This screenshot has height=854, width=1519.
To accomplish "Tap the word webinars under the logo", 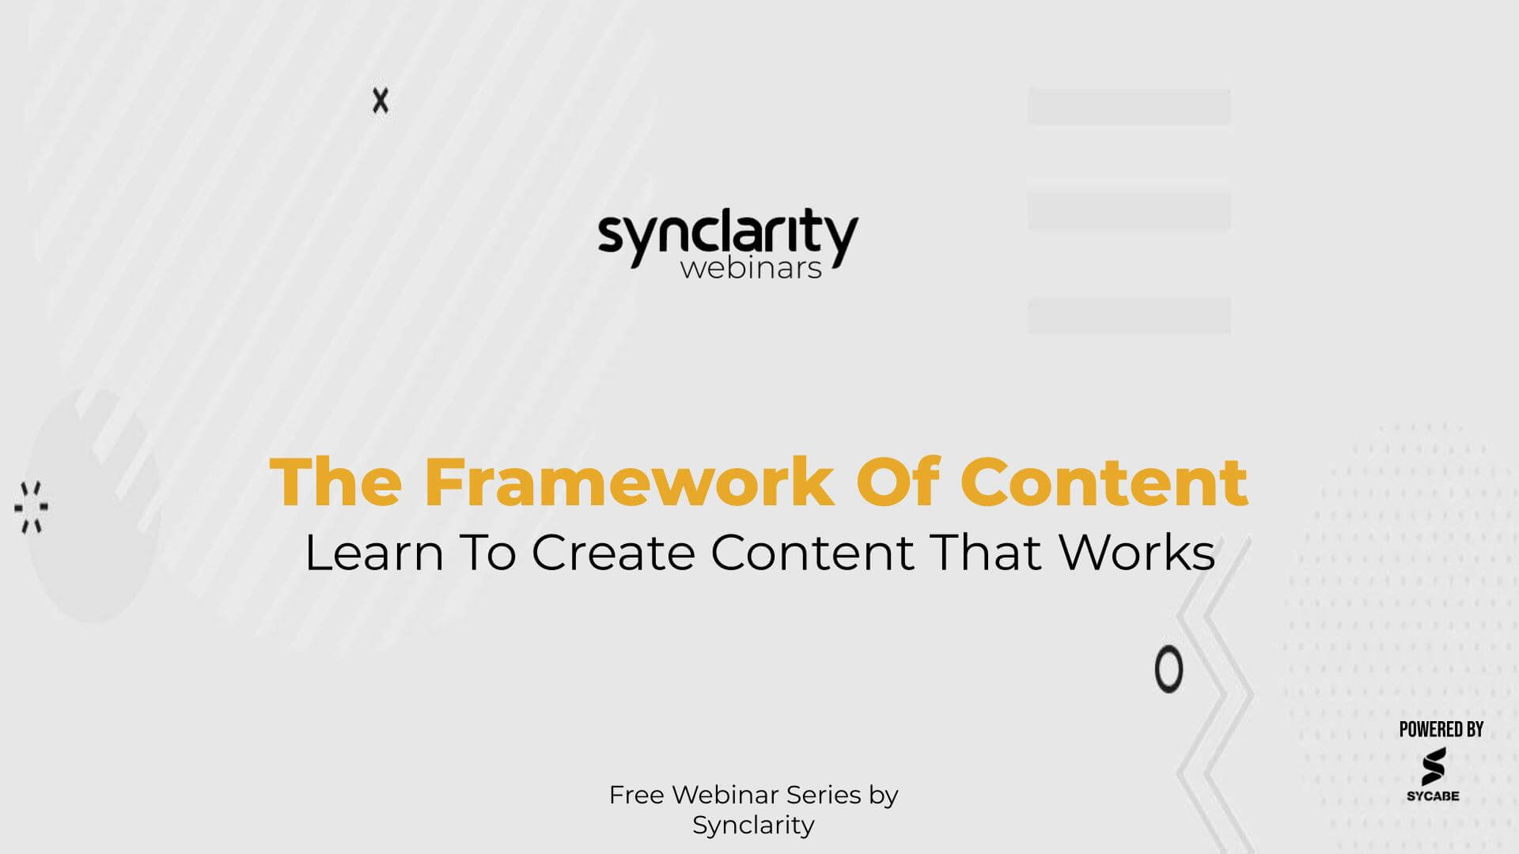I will click(x=751, y=268).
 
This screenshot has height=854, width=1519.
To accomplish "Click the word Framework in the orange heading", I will click(x=629, y=482).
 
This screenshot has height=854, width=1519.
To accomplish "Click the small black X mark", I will click(x=381, y=101).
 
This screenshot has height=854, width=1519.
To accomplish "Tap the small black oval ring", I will click(x=1169, y=670).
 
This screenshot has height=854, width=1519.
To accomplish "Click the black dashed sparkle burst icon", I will click(x=32, y=507).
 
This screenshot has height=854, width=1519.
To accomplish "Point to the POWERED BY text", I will click(x=1441, y=729).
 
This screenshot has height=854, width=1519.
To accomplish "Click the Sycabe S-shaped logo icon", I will click(x=1433, y=766).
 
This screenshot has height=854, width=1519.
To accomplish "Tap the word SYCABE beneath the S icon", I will click(x=1433, y=795).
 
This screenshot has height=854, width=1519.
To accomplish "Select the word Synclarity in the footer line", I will click(x=753, y=825).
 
